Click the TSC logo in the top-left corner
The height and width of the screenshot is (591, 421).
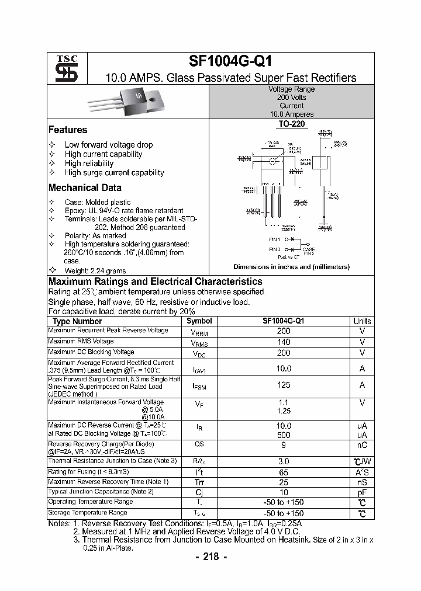tap(63, 68)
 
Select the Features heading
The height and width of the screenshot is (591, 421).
tap(68, 130)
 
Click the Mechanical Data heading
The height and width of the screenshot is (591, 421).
tap(85, 188)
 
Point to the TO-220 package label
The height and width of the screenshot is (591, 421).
tap(291, 124)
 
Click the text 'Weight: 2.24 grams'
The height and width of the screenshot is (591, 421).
tap(95, 271)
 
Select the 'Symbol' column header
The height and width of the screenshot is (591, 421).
tap(199, 321)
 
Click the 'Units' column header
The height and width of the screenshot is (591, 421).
tap(362, 321)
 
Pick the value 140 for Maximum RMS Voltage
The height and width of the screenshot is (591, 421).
tap(283, 342)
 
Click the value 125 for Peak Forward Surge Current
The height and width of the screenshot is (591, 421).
tap(283, 385)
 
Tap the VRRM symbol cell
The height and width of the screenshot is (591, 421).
tap(199, 332)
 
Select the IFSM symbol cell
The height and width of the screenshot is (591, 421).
tap(199, 385)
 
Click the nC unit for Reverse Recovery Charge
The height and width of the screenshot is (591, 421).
tap(362, 445)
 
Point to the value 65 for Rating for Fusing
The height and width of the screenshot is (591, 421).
tap(283, 472)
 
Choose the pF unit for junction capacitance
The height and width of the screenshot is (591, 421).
tap(362, 492)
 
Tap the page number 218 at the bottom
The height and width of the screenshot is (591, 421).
tap(210, 557)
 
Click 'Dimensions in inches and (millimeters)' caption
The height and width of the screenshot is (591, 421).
tap(291, 267)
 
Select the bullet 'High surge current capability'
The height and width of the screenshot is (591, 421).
tap(114, 173)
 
